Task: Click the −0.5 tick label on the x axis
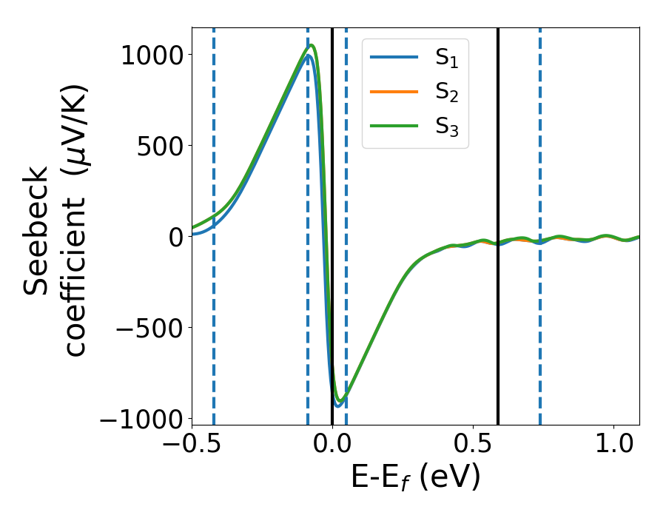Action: click(x=192, y=448)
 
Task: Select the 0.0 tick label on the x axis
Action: click(x=332, y=448)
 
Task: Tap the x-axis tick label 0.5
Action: click(x=472, y=448)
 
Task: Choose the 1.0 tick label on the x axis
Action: click(x=612, y=448)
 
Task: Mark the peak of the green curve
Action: click(x=312, y=46)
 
